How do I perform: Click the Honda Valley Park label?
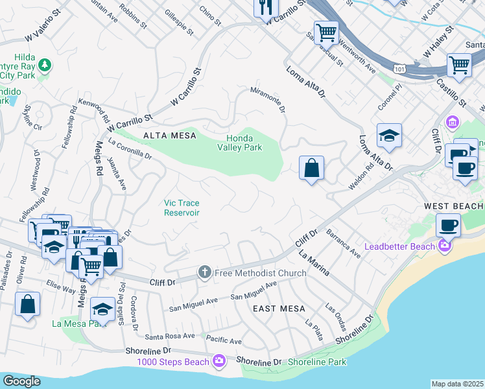tap(244, 143)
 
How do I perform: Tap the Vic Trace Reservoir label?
tap(182, 207)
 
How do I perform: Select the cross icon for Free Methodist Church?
tap(205, 272)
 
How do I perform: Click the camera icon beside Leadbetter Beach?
tap(445, 246)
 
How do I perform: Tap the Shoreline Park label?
tap(317, 362)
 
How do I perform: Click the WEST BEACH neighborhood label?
tap(453, 206)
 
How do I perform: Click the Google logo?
tap(21, 381)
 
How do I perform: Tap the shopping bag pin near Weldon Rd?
tap(312, 169)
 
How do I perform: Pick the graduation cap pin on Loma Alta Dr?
tap(389, 136)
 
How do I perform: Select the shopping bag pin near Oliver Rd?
tap(28, 305)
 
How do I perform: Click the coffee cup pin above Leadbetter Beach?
tap(448, 225)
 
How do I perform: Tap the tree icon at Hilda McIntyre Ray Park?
tap(44, 64)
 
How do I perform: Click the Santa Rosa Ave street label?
tap(170, 336)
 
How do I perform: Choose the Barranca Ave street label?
tap(343, 243)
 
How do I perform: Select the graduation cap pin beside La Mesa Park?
tap(102, 309)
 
